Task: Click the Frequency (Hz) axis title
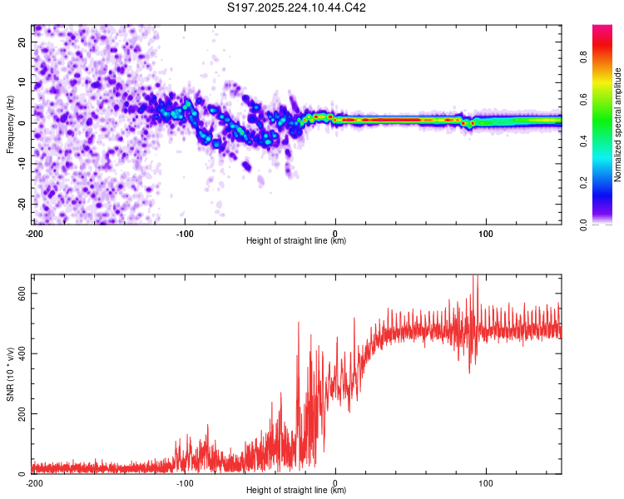[10, 124]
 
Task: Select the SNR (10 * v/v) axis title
[10, 373]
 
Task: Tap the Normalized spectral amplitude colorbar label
[618, 124]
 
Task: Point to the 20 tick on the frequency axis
[23, 42]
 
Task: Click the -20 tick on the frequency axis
[22, 204]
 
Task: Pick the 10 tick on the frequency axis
[23, 82]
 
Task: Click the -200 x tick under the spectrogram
[34, 234]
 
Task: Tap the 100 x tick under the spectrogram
[486, 234]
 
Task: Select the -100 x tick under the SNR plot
[185, 483]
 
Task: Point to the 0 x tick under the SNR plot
[335, 483]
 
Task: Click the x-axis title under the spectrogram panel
[297, 241]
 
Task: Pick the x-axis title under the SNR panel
[297, 491]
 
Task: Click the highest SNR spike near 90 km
[475, 277]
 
